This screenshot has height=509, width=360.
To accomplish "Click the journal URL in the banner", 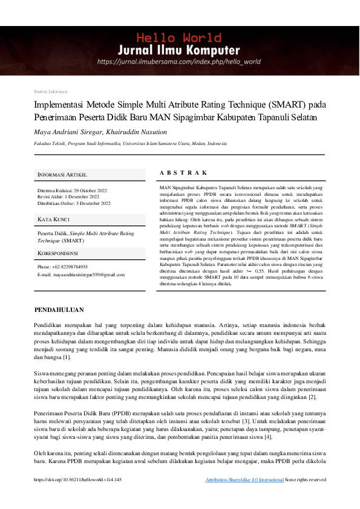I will [179, 62].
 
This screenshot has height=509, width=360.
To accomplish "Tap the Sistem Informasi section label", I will [51, 91].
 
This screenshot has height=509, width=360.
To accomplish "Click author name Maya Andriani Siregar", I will [67, 131].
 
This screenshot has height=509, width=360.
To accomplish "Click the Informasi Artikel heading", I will [62, 174].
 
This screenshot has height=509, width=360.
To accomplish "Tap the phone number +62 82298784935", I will [71, 267].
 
